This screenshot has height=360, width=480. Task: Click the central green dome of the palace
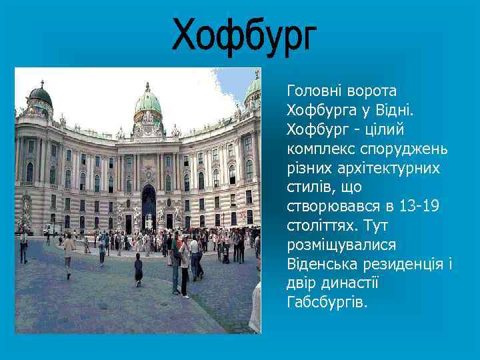click(148, 103)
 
